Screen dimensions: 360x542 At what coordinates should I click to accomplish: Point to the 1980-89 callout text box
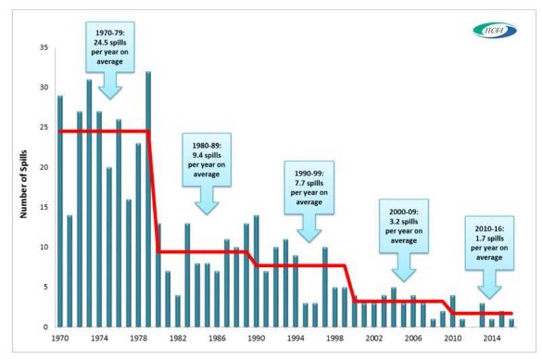tap(207, 159)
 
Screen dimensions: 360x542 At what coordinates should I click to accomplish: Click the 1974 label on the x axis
tap(99, 337)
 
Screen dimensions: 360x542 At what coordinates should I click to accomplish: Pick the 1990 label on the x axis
tap(256, 337)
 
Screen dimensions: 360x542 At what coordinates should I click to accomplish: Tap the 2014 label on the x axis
tap(492, 337)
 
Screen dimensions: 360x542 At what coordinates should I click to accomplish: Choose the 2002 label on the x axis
tap(374, 337)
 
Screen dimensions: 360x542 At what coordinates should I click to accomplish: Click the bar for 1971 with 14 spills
tap(69, 271)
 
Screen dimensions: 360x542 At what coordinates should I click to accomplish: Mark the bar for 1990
tap(256, 271)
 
